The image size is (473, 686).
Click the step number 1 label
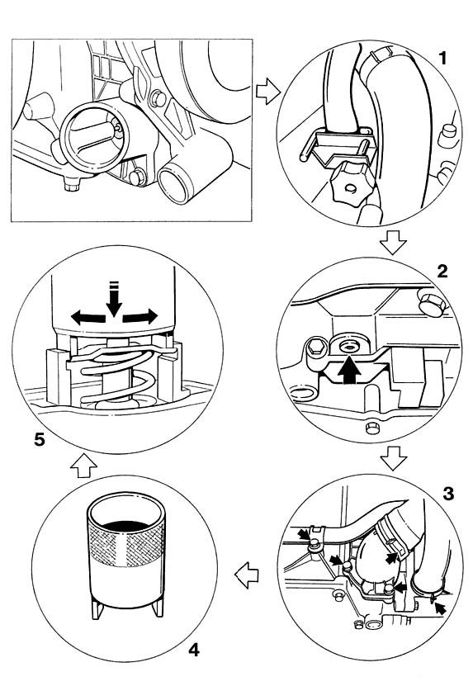click(x=442, y=58)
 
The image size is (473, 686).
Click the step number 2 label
click(x=442, y=272)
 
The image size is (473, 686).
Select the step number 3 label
click(x=448, y=494)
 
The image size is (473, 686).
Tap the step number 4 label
click(x=194, y=650)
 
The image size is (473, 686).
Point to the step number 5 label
click(x=40, y=439)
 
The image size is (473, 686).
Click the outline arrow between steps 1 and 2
click(x=394, y=243)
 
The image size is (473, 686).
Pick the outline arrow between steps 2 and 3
click(x=394, y=457)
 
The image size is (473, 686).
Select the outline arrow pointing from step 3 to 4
click(x=247, y=575)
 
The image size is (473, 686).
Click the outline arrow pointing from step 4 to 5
click(x=83, y=466)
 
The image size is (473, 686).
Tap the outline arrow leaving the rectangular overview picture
click(x=267, y=91)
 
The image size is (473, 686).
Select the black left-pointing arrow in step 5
click(x=88, y=317)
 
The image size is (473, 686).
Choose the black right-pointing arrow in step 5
click(x=140, y=316)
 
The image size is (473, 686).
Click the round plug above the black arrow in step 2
click(x=350, y=346)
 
